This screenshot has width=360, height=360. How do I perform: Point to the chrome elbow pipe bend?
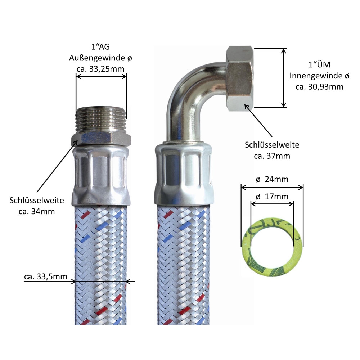tap(191, 94)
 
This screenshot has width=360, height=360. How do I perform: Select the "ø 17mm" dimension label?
tap(272, 197)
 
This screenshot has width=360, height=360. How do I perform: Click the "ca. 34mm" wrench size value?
tap(37, 211)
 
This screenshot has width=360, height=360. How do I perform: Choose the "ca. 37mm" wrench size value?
tap(272, 156)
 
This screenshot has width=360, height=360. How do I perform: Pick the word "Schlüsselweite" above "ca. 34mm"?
tap(37, 200)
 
